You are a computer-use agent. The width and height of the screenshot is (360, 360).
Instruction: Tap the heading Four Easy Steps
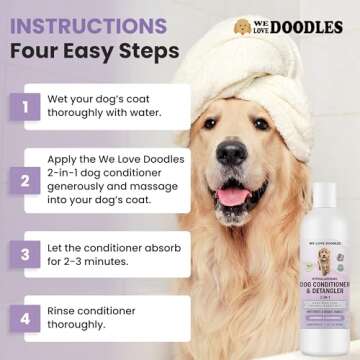click(91, 51)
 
